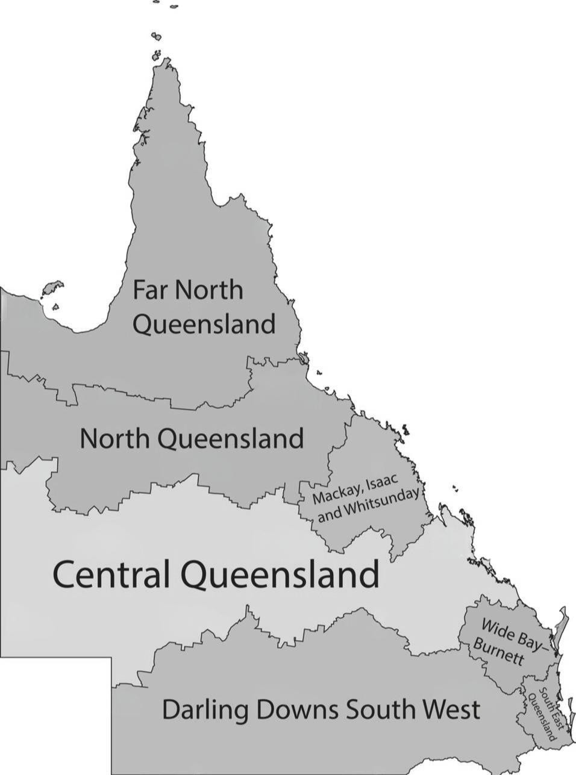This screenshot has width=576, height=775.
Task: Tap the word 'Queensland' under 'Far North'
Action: [204, 325]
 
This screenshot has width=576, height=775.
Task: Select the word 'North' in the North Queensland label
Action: [113, 438]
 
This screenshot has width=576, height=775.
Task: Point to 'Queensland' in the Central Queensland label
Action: [280, 576]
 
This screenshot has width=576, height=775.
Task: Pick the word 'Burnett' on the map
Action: [498, 653]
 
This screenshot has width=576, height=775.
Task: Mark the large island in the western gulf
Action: [52, 288]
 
